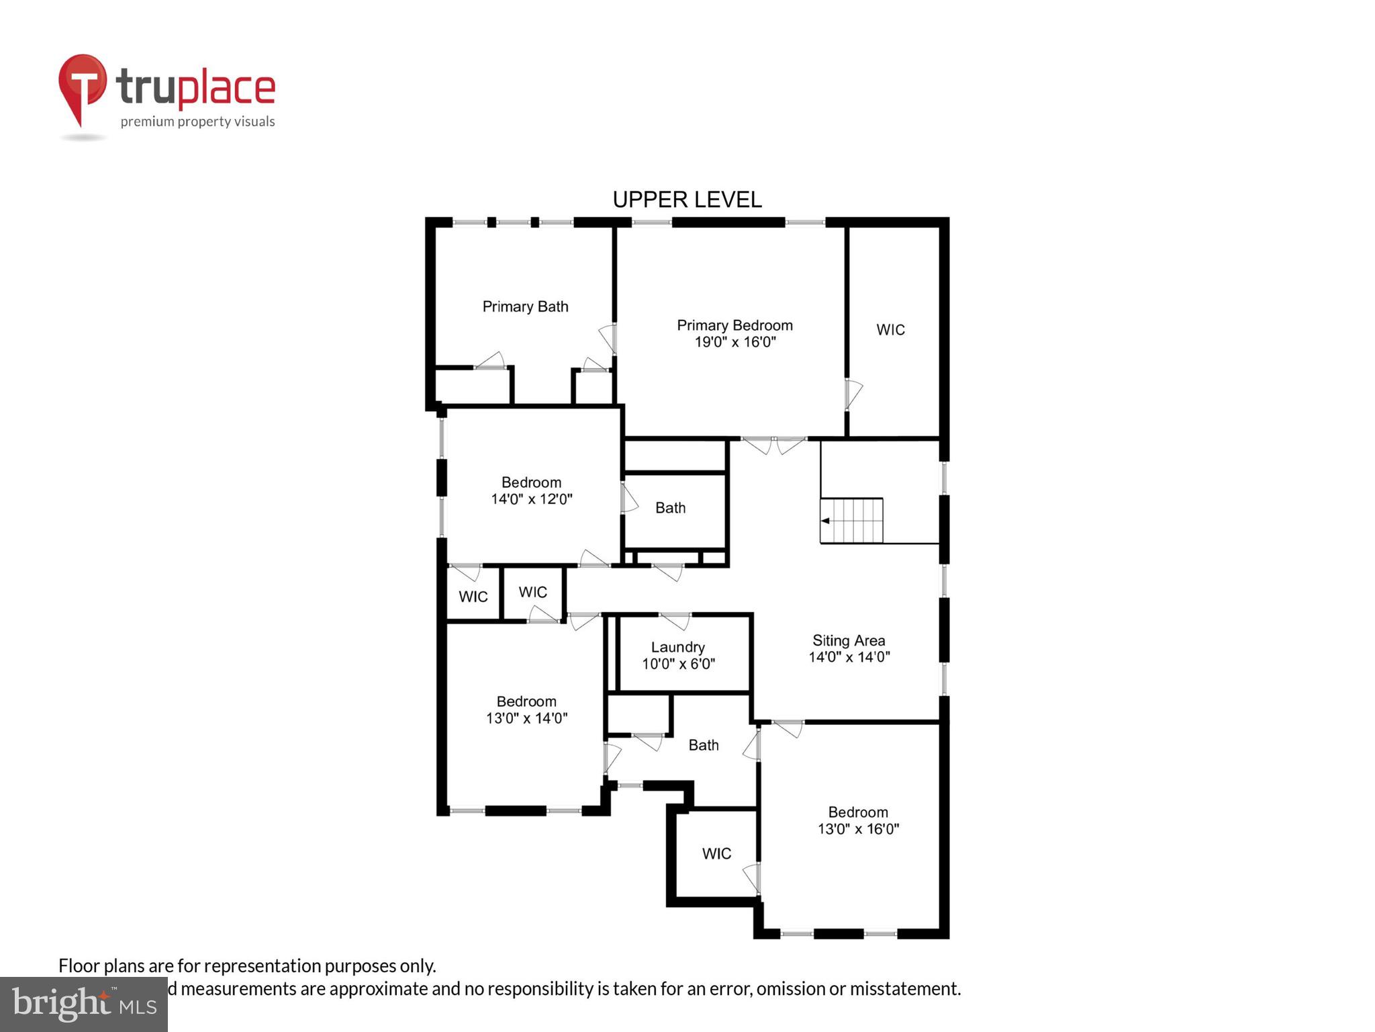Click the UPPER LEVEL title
(x=687, y=200)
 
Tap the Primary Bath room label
(x=525, y=306)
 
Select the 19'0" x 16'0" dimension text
(x=735, y=342)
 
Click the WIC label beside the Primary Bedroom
(x=890, y=330)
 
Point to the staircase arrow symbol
(x=825, y=521)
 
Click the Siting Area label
(x=849, y=640)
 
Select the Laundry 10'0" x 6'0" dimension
(x=678, y=664)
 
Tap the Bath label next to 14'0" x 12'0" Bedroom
(x=670, y=508)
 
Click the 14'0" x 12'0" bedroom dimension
(x=531, y=499)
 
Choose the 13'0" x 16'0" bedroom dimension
(x=858, y=829)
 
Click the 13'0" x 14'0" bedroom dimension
(x=526, y=718)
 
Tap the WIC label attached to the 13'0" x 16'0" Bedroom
(x=716, y=853)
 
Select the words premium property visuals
(x=197, y=122)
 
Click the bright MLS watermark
(x=83, y=1004)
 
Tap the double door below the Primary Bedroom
(x=773, y=443)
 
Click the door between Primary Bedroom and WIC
(x=851, y=394)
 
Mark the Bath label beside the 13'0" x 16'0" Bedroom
(x=703, y=745)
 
